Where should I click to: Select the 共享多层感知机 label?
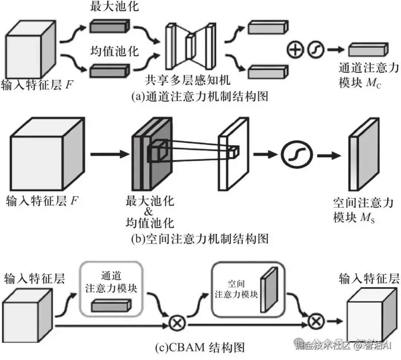coord(188,80)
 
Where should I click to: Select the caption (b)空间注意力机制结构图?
coord(200,238)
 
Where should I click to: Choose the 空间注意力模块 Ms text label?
coord(362,210)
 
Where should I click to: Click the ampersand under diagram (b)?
coord(149,213)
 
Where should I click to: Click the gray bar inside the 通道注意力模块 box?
coord(111,306)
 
